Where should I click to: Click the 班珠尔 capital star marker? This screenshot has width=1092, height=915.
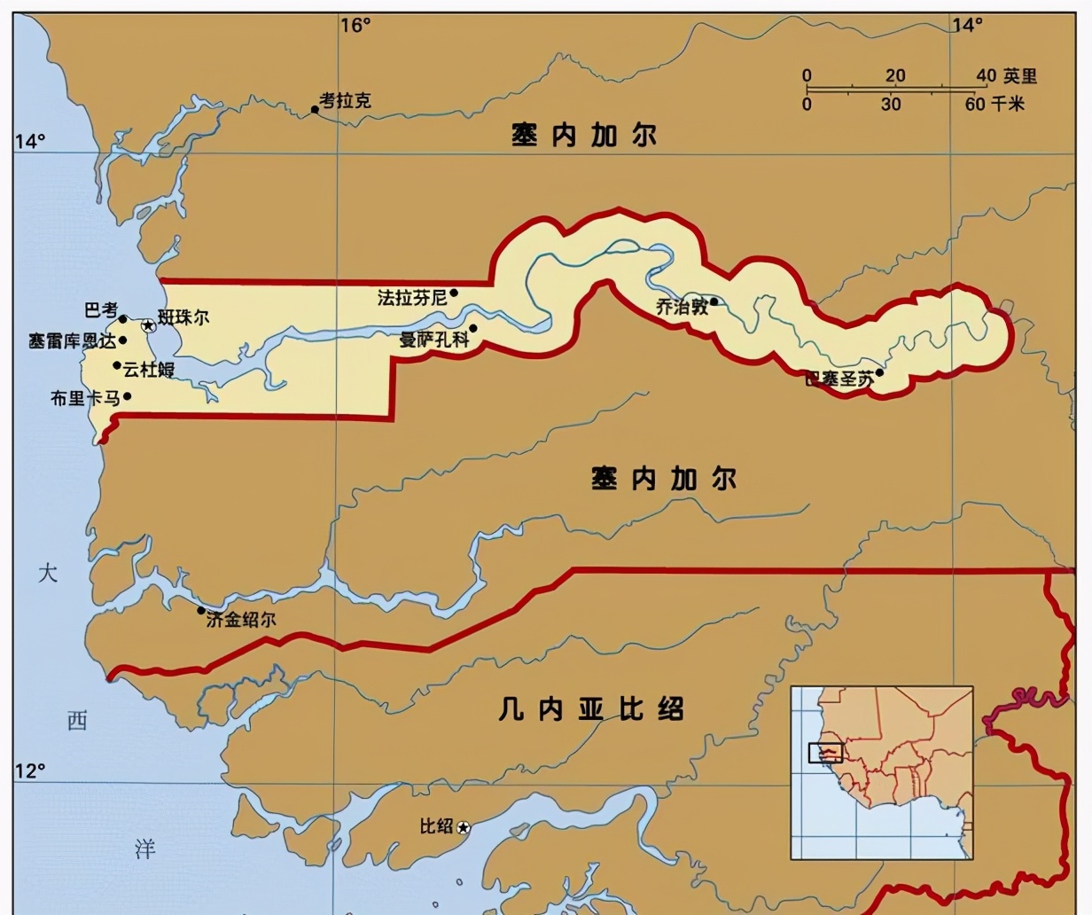pos(149,326)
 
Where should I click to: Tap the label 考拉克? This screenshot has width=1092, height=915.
pos(345,100)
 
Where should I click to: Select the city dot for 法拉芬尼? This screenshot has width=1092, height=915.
pos(454,293)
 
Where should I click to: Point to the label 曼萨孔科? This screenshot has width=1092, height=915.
pos(433,339)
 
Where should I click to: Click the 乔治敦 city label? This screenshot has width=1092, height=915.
pos(682,307)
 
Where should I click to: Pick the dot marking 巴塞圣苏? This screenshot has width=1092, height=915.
pos(878,372)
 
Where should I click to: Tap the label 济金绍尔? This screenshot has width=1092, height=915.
pos(240,620)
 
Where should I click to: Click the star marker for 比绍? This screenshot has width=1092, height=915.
pos(463,827)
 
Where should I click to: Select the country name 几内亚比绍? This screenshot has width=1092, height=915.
pos(590,709)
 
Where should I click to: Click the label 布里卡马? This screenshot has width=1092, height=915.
pos(84,398)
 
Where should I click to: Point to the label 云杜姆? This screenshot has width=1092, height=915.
pos(149,370)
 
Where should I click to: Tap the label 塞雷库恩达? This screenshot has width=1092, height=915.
pos(72,341)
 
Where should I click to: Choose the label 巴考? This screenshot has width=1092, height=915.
pos(100,310)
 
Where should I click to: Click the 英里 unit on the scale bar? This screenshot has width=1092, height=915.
pos(1019,76)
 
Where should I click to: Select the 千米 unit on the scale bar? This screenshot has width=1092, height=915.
pos(1008,104)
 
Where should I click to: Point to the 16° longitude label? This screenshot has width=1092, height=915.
pos(355,25)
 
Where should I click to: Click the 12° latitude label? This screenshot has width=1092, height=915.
pos(29,770)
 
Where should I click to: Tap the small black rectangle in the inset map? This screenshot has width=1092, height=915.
pos(825,753)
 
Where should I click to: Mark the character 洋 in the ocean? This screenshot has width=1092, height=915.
pos(144,849)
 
